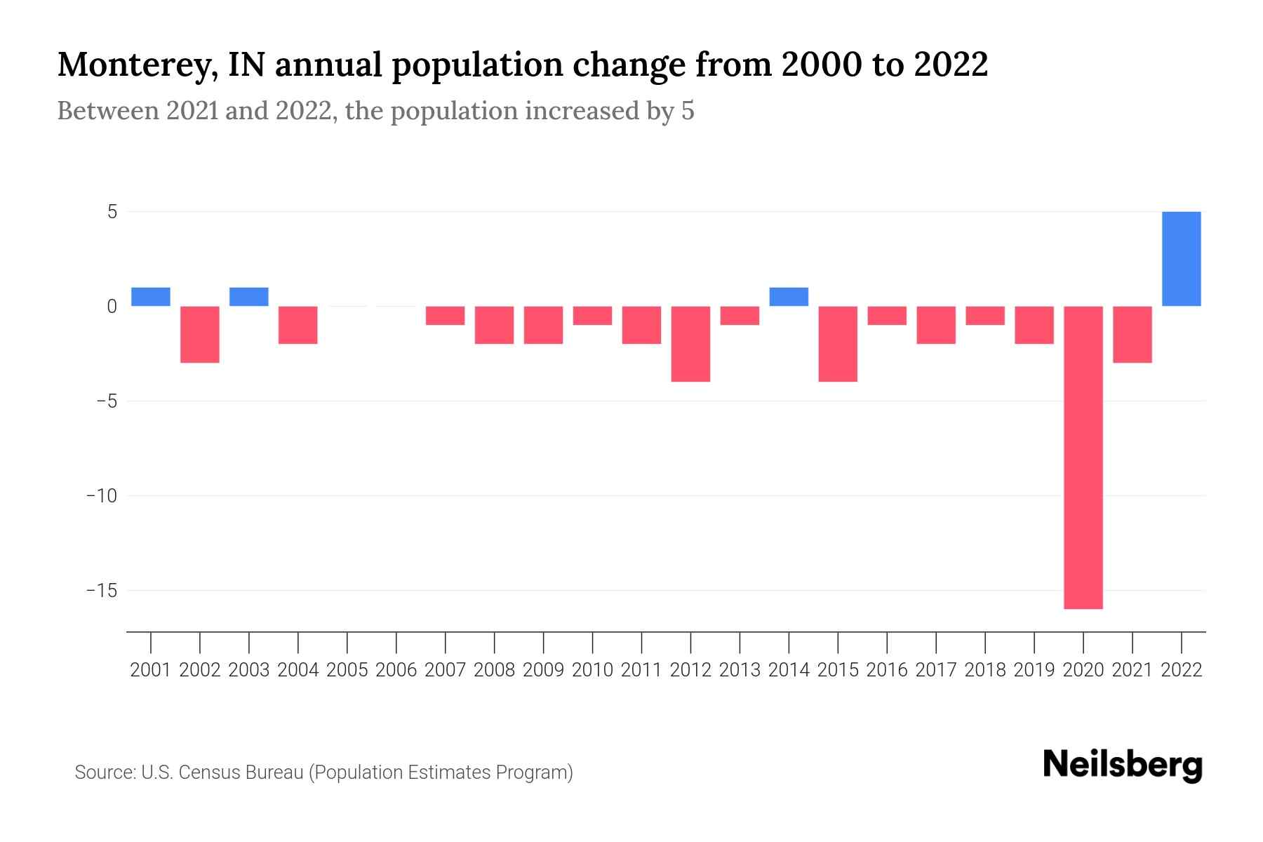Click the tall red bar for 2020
[x=1083, y=457]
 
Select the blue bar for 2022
[x=1181, y=259]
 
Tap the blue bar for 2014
[x=789, y=297]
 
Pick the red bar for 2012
[x=690, y=344]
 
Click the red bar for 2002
[x=200, y=335]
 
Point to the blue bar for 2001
[x=151, y=297]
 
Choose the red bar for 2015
[x=838, y=344]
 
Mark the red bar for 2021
[x=1132, y=335]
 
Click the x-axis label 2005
[x=347, y=670]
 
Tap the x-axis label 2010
[x=592, y=670]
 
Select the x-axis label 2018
[x=985, y=670]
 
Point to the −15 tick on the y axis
[x=101, y=591]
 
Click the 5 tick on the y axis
[x=112, y=212]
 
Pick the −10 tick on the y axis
[x=101, y=496]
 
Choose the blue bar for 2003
[x=249, y=297]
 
